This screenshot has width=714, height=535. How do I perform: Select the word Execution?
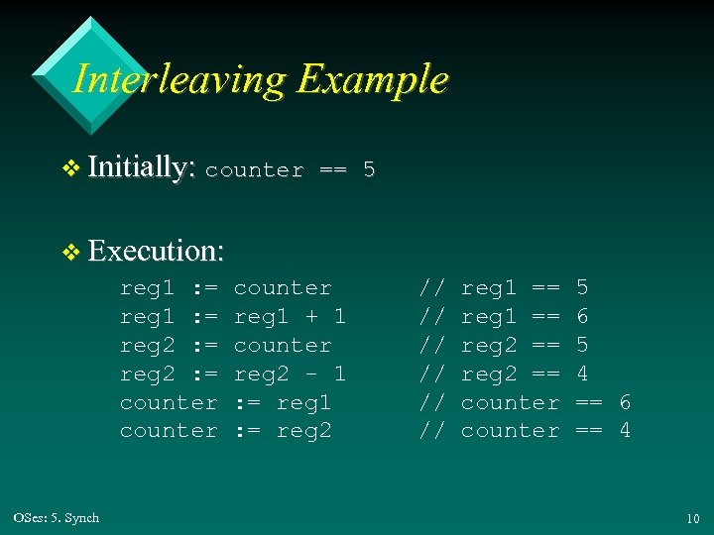[156, 250]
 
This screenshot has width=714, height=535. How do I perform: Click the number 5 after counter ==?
[369, 169]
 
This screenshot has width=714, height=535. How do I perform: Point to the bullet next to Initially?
[70, 169]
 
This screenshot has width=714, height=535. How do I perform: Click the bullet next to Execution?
[70, 252]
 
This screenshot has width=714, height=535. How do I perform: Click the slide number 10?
[691, 518]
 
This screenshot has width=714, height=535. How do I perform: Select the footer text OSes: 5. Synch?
[57, 518]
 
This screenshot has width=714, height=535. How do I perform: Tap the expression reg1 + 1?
[290, 317]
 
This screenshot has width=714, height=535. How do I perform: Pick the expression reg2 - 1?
[290, 374]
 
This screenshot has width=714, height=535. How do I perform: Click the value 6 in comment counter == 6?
[625, 402]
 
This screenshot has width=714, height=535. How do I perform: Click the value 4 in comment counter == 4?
[625, 431]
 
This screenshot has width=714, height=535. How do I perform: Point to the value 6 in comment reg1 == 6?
[582, 317]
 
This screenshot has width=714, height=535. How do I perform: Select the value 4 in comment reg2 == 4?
[582, 374]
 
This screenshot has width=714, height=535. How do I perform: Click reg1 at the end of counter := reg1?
[303, 402]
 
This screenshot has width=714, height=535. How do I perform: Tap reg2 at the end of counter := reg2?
[303, 431]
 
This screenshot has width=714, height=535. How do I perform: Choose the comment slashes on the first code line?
[431, 288]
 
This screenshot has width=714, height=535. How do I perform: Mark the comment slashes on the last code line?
[431, 431]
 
